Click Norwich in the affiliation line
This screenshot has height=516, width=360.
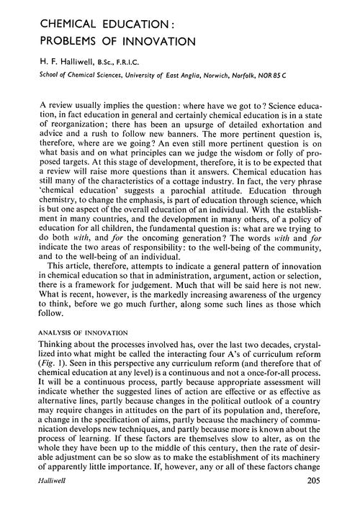point(240,76)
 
